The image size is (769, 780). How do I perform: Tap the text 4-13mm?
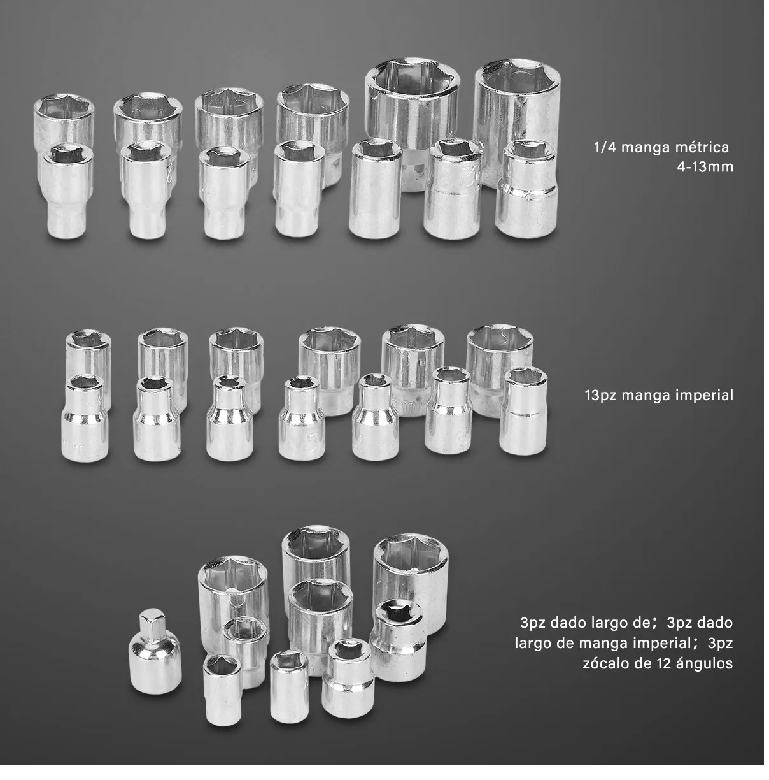705,167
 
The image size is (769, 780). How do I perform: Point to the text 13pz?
601,396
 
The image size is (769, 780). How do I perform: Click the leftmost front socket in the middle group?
85,418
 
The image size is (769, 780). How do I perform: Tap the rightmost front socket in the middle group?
524,411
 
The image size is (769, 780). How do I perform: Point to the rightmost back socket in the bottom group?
411,583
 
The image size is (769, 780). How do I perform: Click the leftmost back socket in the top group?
64,122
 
